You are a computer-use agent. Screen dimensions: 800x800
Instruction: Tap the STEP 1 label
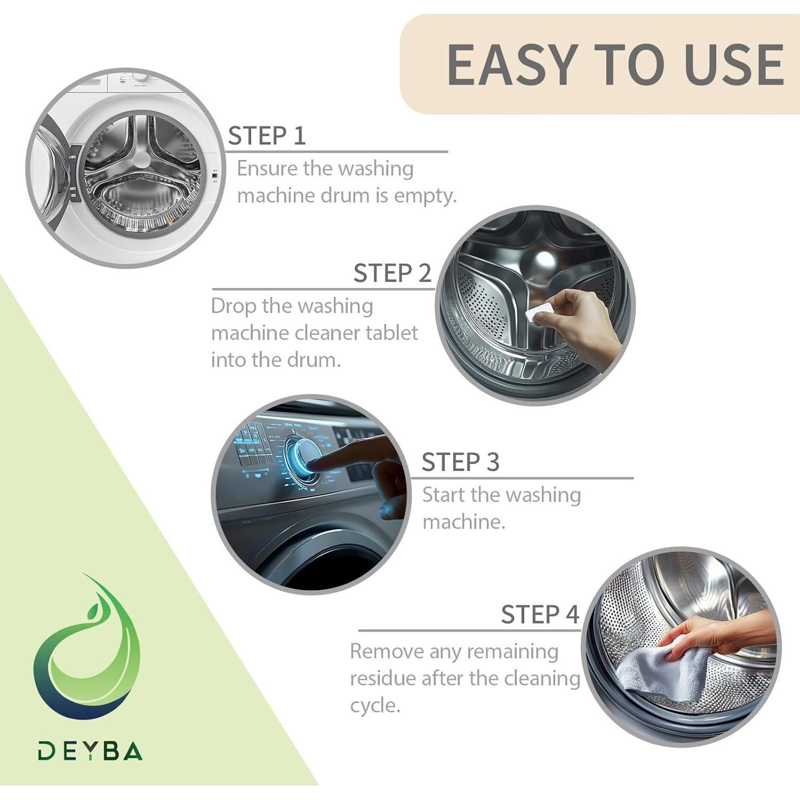[267, 135]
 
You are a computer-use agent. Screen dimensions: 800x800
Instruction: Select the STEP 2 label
[392, 273]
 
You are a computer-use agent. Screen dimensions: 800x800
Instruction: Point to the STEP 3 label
[460, 462]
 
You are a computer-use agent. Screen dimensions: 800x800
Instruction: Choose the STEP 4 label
[540, 614]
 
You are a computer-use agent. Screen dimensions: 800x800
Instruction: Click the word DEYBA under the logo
[90, 751]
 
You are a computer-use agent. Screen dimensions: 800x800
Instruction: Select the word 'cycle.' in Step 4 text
[375, 706]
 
